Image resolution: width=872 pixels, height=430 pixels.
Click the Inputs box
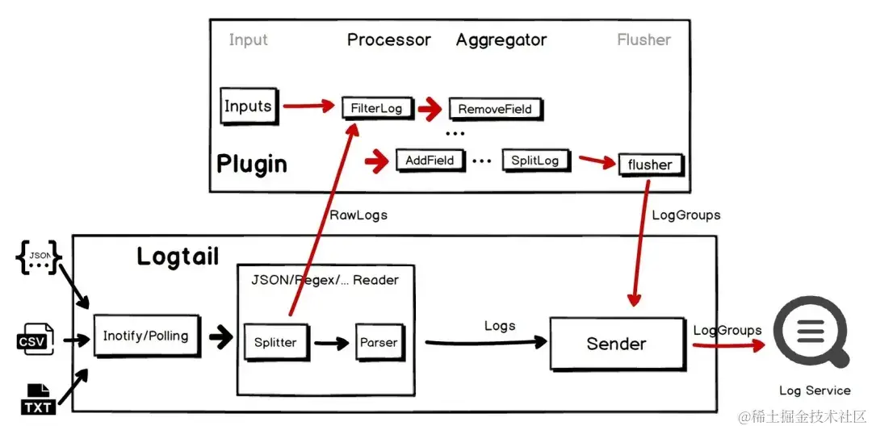(x=248, y=106)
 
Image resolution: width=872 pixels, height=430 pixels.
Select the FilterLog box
(x=375, y=107)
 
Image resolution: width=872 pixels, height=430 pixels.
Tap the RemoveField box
(x=495, y=108)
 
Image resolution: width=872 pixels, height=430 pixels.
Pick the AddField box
(x=430, y=161)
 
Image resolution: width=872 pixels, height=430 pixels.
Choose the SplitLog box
(x=535, y=161)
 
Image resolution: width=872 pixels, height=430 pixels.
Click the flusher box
(x=650, y=165)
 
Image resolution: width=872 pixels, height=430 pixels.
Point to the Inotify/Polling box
(x=145, y=336)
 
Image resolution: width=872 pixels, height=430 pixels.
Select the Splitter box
(x=275, y=342)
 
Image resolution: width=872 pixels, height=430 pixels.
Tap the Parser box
(x=379, y=342)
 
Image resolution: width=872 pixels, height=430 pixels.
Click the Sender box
(x=616, y=344)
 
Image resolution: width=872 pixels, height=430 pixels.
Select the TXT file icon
(x=38, y=400)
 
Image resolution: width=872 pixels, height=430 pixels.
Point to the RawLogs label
(x=358, y=215)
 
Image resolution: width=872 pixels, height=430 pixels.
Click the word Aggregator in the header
(x=501, y=40)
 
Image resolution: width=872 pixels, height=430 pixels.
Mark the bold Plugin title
(x=252, y=164)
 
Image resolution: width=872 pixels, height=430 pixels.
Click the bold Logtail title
(x=178, y=257)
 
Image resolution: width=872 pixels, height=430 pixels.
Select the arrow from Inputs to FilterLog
(x=308, y=106)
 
